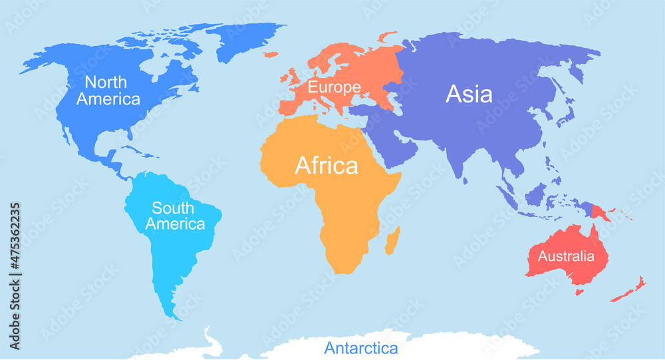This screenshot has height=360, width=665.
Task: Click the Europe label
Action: click(334, 87)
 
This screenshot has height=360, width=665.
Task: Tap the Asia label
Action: click(469, 94)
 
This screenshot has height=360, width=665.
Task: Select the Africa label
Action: click(326, 165)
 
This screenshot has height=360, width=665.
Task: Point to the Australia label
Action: click(566, 256)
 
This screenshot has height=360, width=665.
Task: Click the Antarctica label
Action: click(361, 348)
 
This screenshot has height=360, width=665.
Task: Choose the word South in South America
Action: click(173, 208)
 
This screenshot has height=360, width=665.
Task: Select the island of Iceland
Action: click(270, 54)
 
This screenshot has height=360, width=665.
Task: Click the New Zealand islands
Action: click(630, 289)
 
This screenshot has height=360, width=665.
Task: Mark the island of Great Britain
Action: click(293, 76)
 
